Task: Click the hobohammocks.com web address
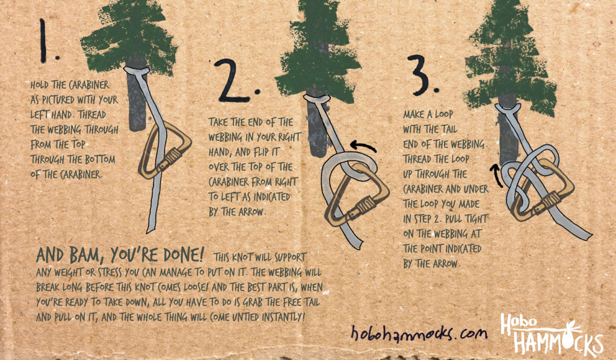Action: pos(419,332)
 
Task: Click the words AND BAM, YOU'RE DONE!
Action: pos(120,252)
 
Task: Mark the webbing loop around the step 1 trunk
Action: pos(138,72)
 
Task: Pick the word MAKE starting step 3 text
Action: pos(415,114)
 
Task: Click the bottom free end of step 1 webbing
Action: pos(150,226)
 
